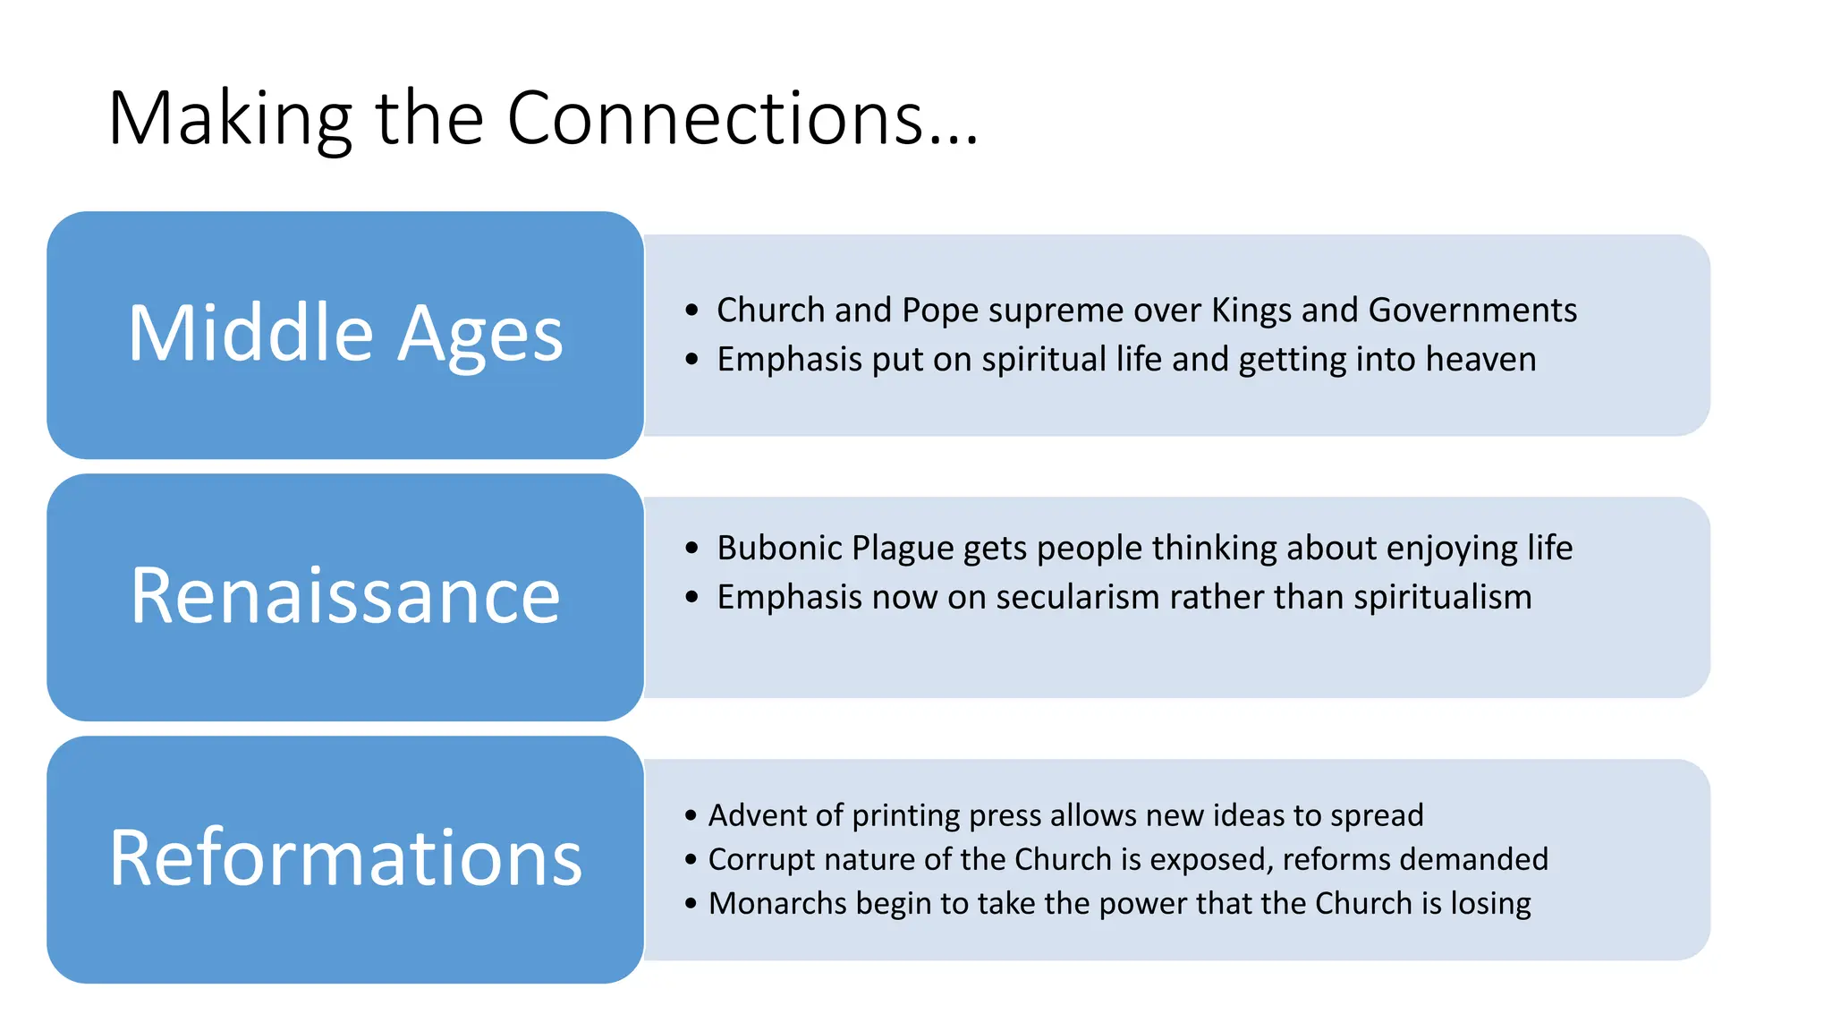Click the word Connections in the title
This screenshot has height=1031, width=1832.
716,119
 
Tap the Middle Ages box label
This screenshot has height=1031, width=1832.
345,334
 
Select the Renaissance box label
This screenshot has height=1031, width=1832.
345,596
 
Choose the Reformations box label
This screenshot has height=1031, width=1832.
345,858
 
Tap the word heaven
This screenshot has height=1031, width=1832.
1480,360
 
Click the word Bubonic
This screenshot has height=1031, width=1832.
779,549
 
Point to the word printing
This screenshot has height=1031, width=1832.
905,816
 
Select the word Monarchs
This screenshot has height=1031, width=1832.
776,904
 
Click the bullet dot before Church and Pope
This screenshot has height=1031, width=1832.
691,311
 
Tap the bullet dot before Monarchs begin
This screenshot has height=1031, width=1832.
691,904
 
